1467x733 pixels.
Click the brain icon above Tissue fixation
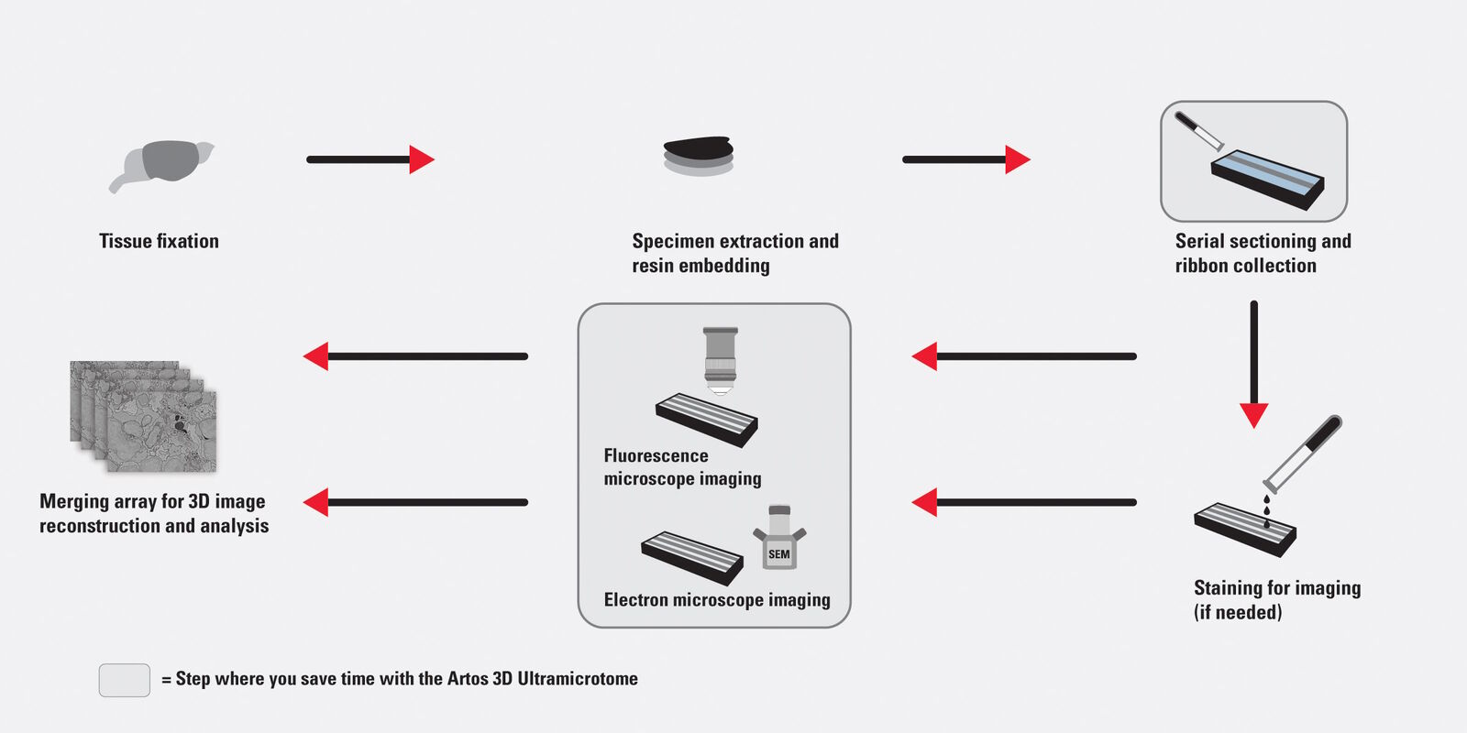164,164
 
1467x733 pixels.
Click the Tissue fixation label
159,241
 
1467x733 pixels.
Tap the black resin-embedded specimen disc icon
699,154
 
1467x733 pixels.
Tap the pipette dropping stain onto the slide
1302,454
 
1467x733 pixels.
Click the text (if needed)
1238,612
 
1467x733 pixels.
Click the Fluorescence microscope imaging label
682,467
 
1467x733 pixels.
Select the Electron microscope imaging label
717,600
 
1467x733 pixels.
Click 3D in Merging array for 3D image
199,501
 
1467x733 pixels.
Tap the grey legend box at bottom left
125,680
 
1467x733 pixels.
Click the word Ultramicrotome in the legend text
578,679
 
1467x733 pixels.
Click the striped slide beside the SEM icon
692,556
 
